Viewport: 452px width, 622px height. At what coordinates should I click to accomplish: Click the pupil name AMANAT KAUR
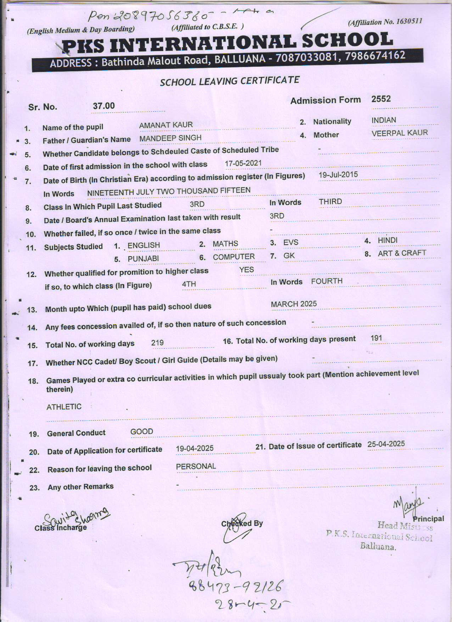[x=166, y=125]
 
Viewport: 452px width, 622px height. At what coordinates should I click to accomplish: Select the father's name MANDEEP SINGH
[x=170, y=138]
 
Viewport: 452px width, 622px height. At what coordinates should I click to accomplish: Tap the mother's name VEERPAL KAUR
[x=400, y=133]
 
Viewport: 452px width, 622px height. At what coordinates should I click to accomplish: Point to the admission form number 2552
[x=381, y=99]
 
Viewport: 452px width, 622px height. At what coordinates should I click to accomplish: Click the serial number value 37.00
[x=104, y=106]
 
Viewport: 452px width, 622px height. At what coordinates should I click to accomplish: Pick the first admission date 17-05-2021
[x=243, y=163]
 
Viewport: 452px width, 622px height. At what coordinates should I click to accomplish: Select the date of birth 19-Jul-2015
[x=338, y=175]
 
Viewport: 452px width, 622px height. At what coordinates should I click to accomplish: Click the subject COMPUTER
[x=234, y=257]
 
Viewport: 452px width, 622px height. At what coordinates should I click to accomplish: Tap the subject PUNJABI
[x=143, y=259]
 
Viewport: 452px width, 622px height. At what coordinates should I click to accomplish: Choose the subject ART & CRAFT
[x=402, y=253]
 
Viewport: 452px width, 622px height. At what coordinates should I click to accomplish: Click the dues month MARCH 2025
[x=294, y=304]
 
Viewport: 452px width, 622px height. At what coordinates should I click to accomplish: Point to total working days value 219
[x=157, y=343]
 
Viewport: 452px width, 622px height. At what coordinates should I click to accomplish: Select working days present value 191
[x=376, y=338]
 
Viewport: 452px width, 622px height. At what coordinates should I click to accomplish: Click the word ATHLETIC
[x=64, y=407]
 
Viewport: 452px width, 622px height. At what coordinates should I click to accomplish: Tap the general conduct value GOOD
[x=142, y=432]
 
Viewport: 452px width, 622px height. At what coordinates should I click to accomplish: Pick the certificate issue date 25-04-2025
[x=386, y=444]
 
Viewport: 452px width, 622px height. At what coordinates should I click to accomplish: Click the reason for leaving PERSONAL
[x=196, y=466]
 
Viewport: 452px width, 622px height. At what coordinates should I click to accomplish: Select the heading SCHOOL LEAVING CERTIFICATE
[x=230, y=81]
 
